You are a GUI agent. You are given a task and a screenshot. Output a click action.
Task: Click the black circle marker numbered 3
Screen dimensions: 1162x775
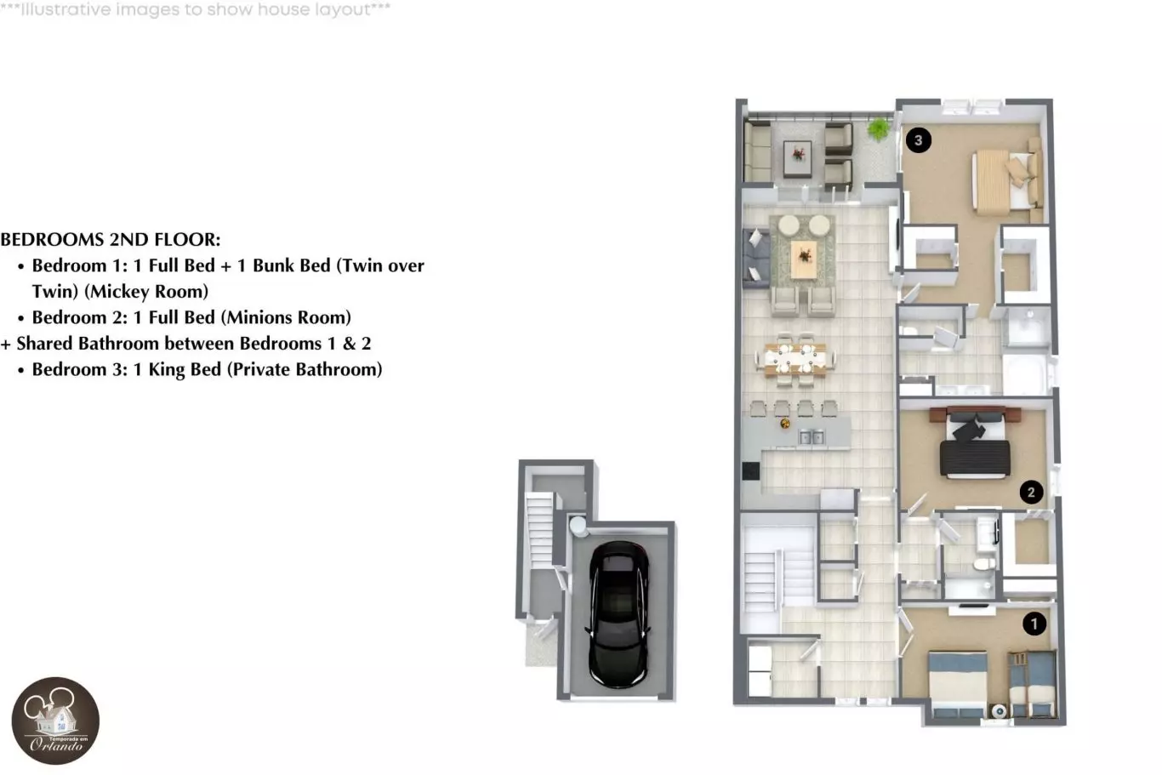tap(918, 140)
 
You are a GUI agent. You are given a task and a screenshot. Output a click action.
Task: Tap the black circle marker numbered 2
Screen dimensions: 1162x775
tap(1031, 492)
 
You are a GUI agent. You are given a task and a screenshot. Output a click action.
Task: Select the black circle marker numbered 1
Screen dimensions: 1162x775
tap(1034, 624)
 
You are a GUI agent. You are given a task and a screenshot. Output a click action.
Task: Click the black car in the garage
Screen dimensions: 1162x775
tap(618, 614)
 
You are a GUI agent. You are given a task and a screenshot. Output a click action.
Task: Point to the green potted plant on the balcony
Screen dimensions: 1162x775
tap(878, 128)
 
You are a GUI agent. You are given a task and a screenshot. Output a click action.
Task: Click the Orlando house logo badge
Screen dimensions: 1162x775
tap(55, 721)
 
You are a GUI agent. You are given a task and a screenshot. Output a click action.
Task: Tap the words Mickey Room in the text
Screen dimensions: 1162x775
tap(145, 292)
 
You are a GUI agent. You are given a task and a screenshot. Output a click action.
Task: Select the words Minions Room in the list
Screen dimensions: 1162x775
tap(286, 317)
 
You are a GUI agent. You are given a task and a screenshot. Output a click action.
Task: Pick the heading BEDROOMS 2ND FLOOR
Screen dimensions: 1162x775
tap(111, 240)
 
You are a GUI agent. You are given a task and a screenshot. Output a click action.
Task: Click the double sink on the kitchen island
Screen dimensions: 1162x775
tap(812, 437)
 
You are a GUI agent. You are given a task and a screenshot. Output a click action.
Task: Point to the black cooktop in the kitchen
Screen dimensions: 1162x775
tap(750, 471)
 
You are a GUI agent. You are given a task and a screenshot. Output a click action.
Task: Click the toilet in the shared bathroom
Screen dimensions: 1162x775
tap(983, 563)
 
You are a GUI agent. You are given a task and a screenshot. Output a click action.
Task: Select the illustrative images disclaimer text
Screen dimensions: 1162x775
tap(195, 9)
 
